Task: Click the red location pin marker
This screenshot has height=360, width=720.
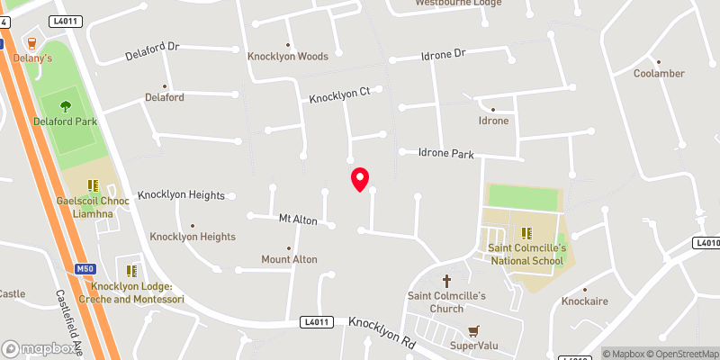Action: pyautogui.click(x=360, y=178)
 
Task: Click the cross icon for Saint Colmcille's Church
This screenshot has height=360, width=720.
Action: pyautogui.click(x=447, y=281)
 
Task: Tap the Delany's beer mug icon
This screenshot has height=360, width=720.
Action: pyautogui.click(x=32, y=43)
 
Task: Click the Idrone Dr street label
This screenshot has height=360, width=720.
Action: pyautogui.click(x=444, y=55)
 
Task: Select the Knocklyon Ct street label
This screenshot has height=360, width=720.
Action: pyautogui.click(x=340, y=94)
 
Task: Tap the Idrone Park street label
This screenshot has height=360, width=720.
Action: pyautogui.click(x=446, y=154)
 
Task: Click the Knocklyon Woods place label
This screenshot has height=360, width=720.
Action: pyautogui.click(x=288, y=56)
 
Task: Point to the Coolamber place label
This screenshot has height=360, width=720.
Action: pyautogui.click(x=660, y=73)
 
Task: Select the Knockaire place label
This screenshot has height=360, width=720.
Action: pyautogui.click(x=586, y=301)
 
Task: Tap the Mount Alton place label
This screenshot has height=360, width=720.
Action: pyautogui.click(x=289, y=259)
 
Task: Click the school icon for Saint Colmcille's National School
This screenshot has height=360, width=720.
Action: pyautogui.click(x=526, y=232)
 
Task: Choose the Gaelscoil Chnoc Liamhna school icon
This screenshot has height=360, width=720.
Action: pyautogui.click(x=93, y=185)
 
